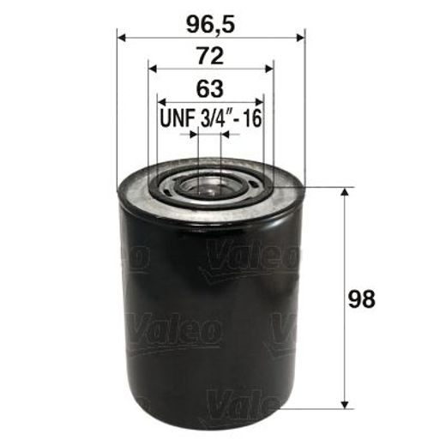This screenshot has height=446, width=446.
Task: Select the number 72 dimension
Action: point(210,57)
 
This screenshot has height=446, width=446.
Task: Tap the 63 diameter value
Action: point(210,88)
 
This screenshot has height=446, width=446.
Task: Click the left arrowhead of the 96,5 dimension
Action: point(121,38)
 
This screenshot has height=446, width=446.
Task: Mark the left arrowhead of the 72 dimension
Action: point(152,70)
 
